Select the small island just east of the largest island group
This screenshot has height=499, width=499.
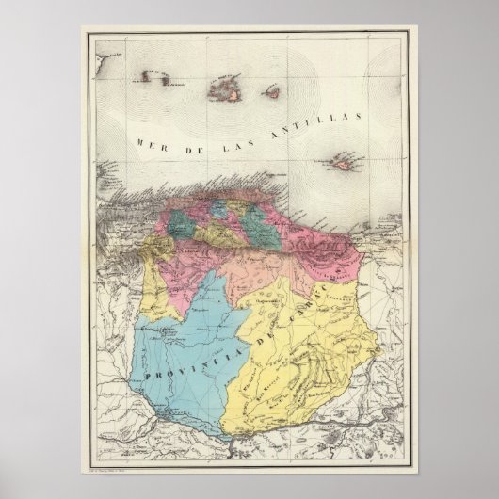point(269,92)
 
